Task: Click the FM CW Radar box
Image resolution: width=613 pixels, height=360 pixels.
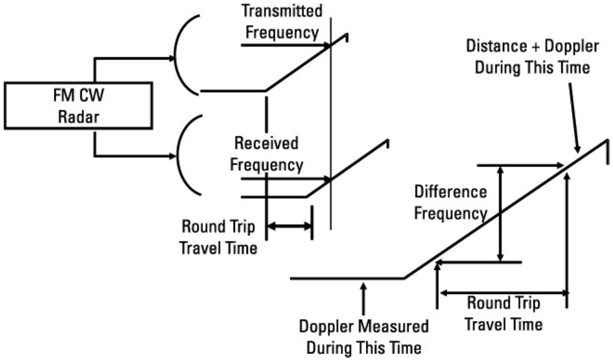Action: pyautogui.click(x=78, y=106)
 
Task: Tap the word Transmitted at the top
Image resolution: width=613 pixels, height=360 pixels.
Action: pyautogui.click(x=282, y=11)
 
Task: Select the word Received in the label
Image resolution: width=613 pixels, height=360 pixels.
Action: pyautogui.click(x=266, y=143)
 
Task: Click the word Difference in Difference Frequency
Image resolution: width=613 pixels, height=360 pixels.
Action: pyautogui.click(x=450, y=192)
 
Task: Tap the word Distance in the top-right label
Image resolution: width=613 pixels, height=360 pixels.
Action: pyautogui.click(x=496, y=46)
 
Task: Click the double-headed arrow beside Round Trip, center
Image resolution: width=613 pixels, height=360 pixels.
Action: pyautogui.click(x=289, y=226)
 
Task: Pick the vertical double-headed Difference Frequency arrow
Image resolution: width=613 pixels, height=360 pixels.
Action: pyautogui.click(x=500, y=214)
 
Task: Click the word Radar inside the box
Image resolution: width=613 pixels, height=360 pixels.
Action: pyautogui.click(x=79, y=117)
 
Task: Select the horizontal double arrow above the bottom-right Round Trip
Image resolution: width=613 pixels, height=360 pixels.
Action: pyautogui.click(x=503, y=293)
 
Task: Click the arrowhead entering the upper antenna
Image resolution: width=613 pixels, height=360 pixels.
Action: pyautogui.click(x=171, y=58)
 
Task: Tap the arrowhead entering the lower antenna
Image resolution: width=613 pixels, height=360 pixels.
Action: pyautogui.click(x=172, y=156)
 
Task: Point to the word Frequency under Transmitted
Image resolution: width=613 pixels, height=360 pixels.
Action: pyautogui.click(x=282, y=32)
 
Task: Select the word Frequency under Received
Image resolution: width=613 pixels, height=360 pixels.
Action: pyautogui.click(x=266, y=165)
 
